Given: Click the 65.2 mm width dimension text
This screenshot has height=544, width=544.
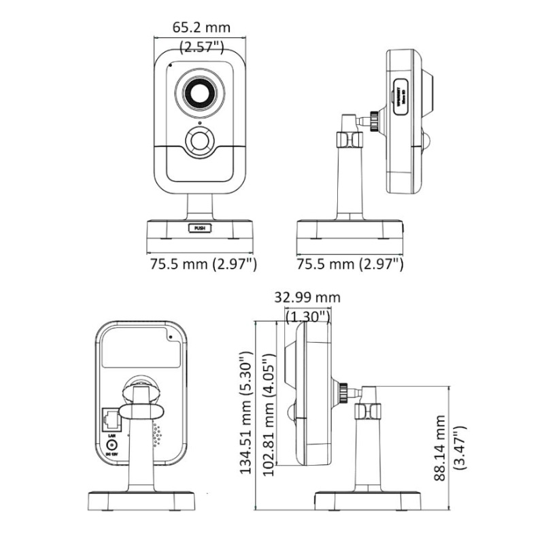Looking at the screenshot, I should (201, 28).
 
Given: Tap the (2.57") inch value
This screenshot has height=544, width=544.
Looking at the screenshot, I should (201, 47).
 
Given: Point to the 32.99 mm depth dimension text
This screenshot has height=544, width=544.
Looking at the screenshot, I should (307, 298).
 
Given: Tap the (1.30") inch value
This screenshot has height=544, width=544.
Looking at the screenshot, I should (308, 316).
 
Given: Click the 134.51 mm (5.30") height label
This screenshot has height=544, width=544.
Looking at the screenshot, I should (247, 413).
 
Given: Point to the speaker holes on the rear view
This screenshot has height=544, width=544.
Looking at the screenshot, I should (158, 435).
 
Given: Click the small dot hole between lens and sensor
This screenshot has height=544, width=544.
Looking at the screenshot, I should (200, 122).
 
